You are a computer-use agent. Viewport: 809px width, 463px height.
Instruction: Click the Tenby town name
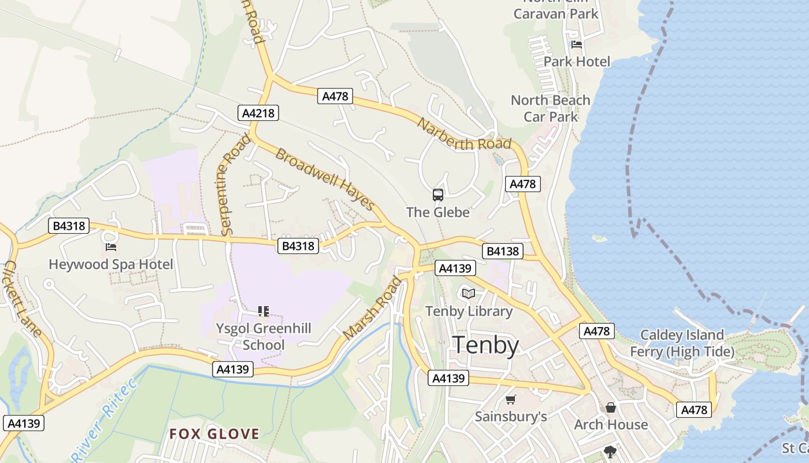(485, 345)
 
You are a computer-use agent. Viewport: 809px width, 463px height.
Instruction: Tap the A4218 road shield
(258, 113)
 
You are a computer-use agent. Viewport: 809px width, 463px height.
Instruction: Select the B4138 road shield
(503, 251)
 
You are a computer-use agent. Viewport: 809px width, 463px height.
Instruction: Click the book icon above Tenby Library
(469, 294)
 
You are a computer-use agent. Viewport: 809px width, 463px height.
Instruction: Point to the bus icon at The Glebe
(438, 195)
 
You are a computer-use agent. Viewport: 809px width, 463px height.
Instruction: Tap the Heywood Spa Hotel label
(111, 264)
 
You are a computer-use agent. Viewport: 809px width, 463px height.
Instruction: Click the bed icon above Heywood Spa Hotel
(111, 247)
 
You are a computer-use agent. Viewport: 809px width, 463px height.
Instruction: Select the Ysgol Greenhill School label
(264, 336)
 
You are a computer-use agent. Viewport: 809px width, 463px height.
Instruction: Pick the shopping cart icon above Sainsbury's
(510, 399)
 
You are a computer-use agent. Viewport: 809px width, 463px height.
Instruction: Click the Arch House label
(611, 425)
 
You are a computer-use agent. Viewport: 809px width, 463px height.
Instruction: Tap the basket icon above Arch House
(611, 407)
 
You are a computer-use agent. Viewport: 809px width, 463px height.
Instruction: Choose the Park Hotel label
(577, 61)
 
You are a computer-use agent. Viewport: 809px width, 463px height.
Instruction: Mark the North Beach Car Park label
(551, 108)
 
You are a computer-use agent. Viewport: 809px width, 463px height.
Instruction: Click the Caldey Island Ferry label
(682, 343)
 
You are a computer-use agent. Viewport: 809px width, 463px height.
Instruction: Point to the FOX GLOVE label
(214, 434)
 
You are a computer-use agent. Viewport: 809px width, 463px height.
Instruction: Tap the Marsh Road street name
(372, 308)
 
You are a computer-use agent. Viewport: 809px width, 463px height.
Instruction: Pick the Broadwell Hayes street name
(325, 178)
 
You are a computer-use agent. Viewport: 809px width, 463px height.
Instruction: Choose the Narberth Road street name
(464, 134)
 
